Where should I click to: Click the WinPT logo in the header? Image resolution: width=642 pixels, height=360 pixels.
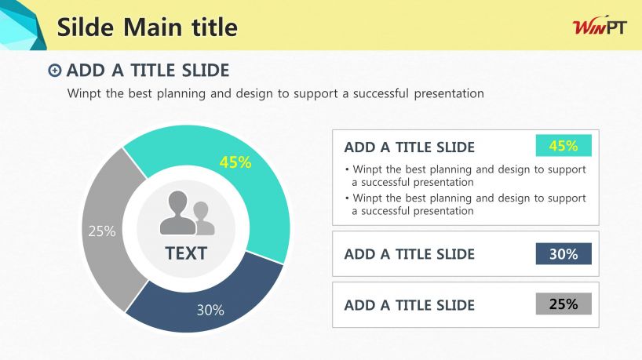tap(600, 27)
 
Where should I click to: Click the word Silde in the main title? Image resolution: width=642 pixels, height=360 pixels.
tap(86, 27)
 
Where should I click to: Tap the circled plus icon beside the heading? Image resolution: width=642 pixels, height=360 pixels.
tap(54, 71)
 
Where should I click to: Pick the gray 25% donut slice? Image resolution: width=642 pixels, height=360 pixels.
tap(108, 229)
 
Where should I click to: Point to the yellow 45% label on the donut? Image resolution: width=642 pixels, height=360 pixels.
tap(235, 162)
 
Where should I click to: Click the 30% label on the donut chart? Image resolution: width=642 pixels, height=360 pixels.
tap(210, 310)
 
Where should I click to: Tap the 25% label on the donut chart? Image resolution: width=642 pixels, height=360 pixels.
tap(102, 231)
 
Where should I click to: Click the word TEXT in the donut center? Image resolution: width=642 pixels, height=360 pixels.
tap(186, 253)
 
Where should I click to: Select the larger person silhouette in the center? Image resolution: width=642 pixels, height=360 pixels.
tap(177, 213)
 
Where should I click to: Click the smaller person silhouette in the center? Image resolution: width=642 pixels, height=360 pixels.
tap(203, 219)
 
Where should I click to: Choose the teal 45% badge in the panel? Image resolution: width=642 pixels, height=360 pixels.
tap(564, 145)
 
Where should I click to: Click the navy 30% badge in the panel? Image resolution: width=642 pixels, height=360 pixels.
tap(564, 253)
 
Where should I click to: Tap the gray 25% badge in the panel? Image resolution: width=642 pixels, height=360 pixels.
tap(564, 304)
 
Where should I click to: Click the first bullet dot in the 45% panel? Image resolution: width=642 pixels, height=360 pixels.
tap(347, 169)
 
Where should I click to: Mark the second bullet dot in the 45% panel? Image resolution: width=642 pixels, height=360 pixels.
tap(347, 198)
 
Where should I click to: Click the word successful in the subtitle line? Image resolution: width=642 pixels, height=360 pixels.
tap(381, 93)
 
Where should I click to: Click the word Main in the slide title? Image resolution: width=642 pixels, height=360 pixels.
tap(153, 27)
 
